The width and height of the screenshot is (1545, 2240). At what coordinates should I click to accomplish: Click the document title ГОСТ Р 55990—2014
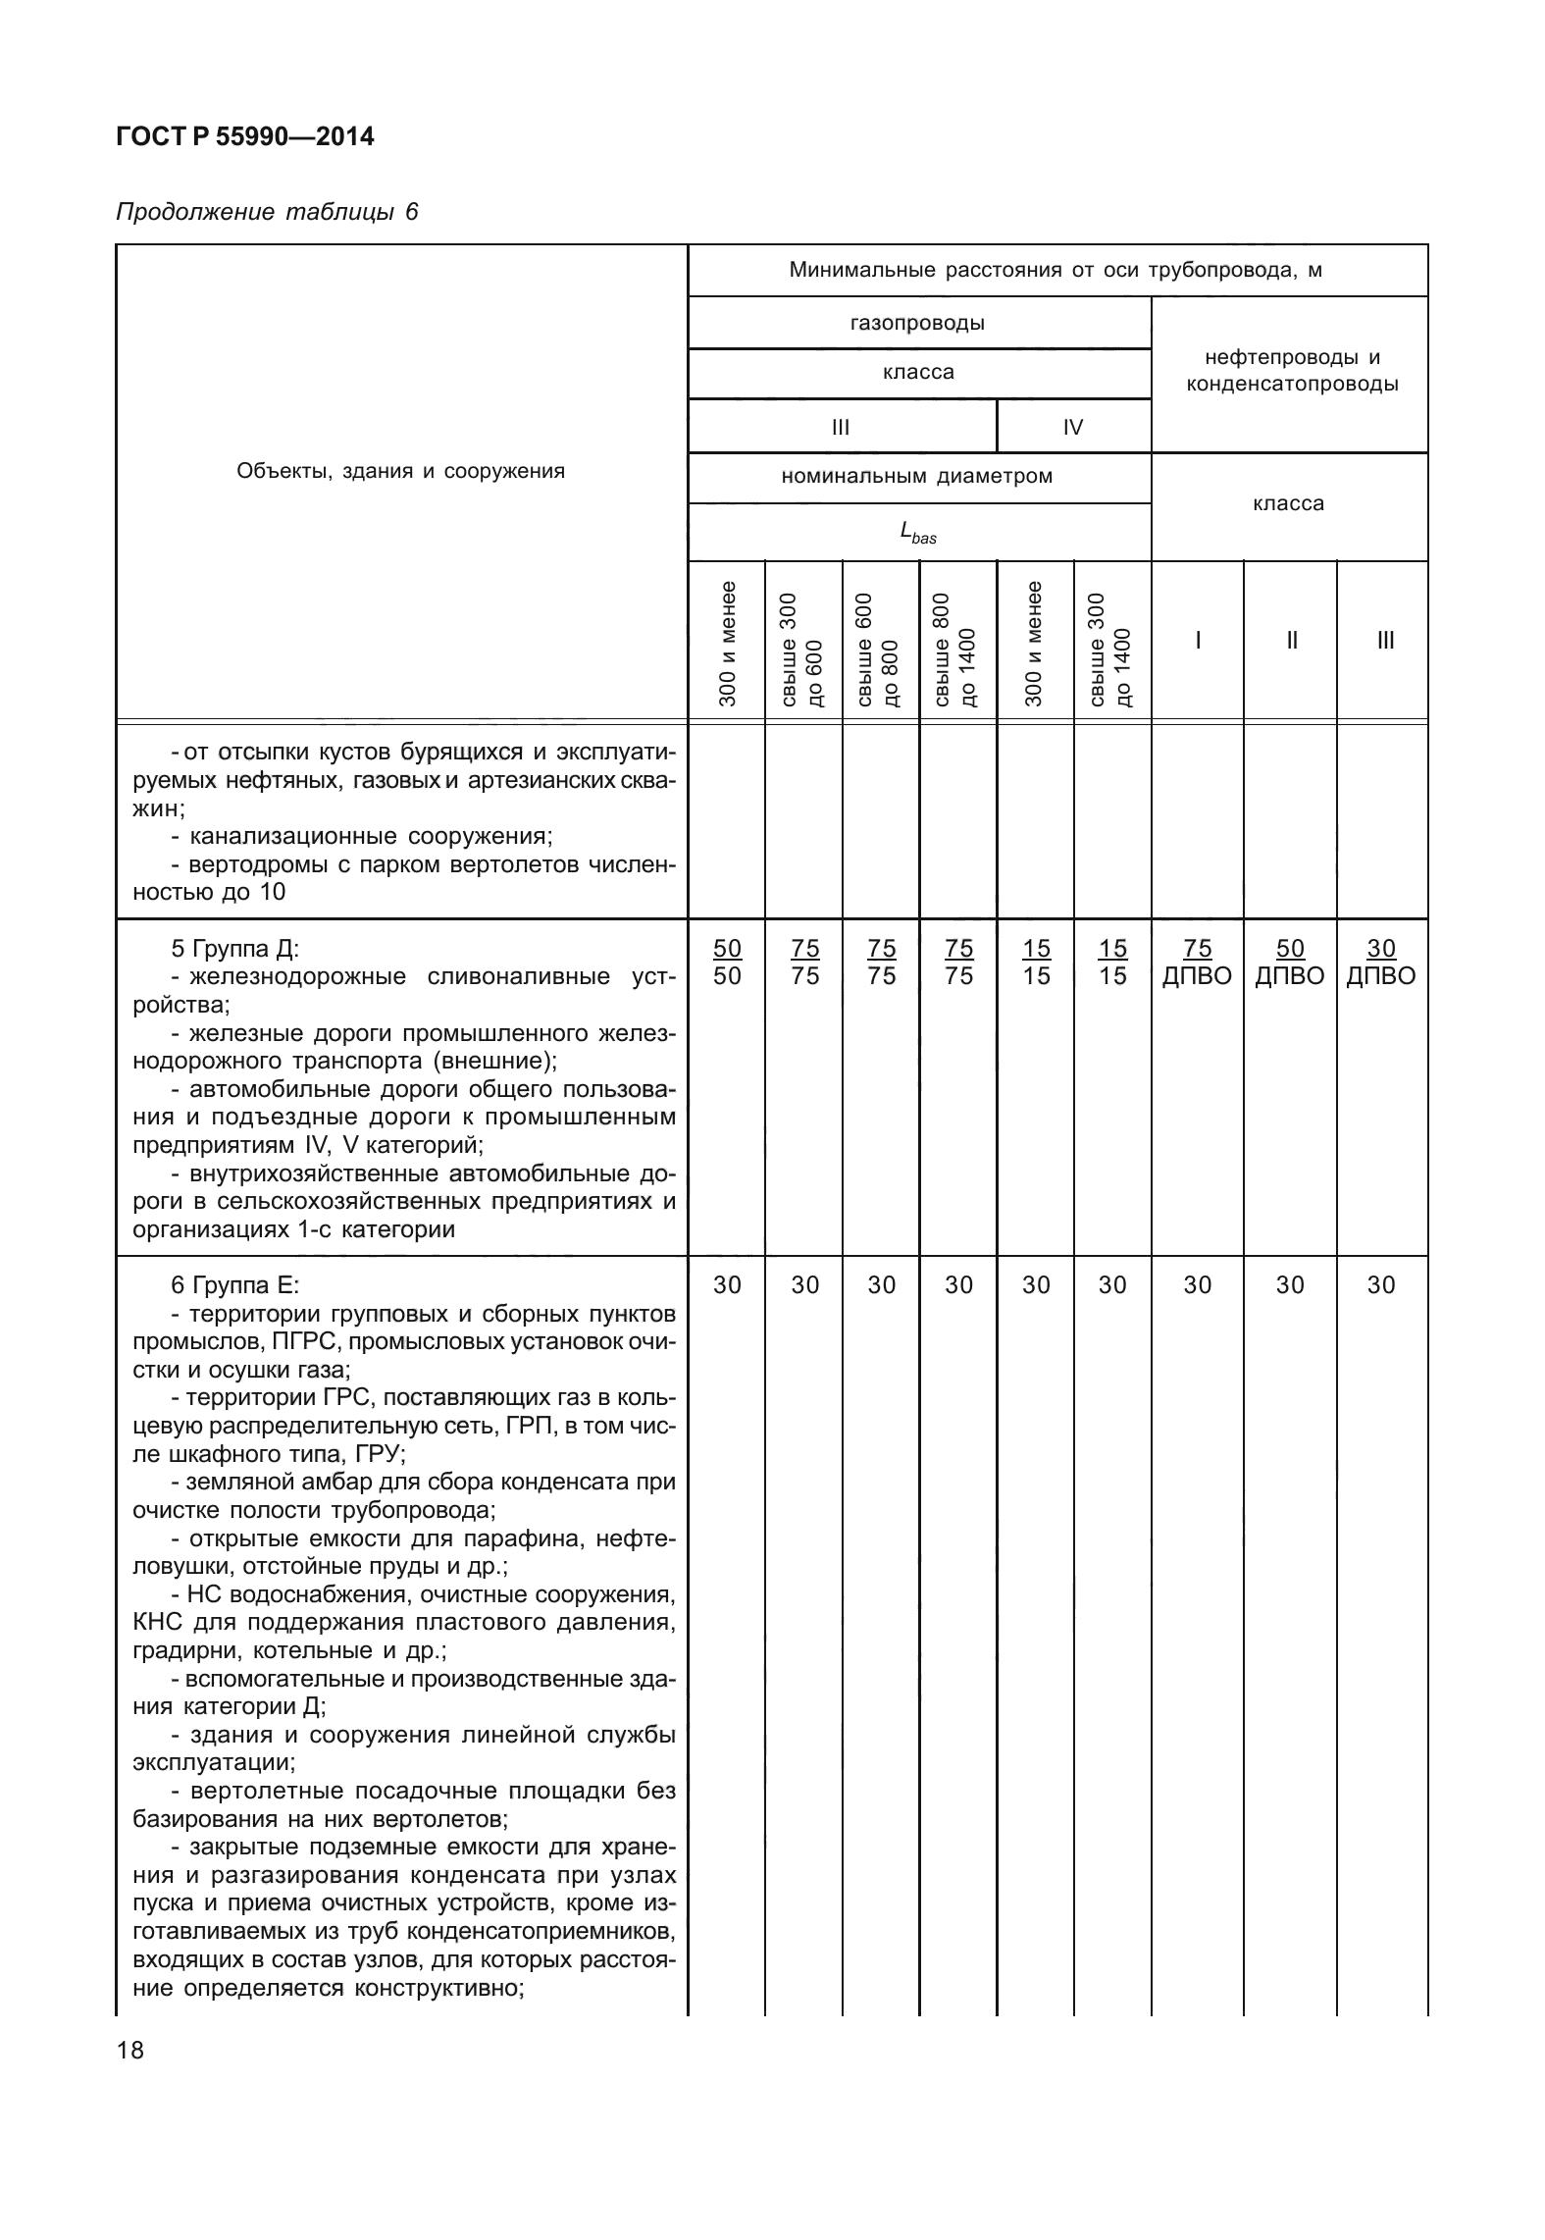point(244,137)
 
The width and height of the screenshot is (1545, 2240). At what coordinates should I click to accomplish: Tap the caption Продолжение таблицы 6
point(267,212)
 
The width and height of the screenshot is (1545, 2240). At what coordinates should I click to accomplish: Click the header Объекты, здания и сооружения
point(400,471)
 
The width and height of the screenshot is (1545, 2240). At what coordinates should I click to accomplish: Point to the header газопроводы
point(918,323)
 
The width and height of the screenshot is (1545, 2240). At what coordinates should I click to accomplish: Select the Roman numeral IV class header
point(1073,427)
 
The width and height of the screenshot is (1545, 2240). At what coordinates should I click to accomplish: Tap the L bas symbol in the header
point(918,533)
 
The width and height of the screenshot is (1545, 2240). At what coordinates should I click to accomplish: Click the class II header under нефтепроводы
point(1291,641)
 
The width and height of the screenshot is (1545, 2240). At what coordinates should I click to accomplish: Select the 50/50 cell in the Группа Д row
point(727,962)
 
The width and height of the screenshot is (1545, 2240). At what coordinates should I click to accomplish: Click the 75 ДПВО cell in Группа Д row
point(1197,962)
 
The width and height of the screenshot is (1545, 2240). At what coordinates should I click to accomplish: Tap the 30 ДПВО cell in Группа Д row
point(1381,962)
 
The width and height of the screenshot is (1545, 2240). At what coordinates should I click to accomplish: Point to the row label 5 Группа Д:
point(234,949)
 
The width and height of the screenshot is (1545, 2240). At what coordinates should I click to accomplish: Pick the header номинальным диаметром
point(918,477)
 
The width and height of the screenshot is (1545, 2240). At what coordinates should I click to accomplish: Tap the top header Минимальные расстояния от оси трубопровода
point(1056,271)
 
